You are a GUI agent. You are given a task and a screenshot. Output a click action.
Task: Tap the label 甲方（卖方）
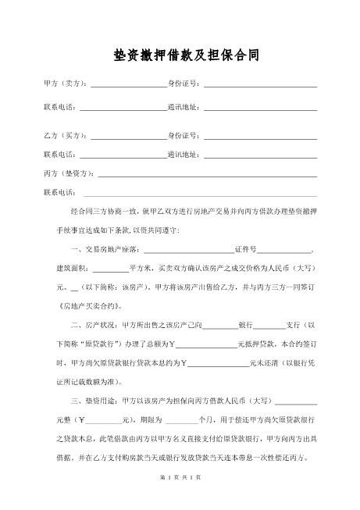66,84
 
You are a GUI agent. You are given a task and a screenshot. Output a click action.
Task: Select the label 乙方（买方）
66,137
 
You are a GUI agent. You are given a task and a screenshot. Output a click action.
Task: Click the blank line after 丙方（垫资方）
207,173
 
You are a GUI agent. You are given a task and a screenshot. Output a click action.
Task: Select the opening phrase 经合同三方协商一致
104,211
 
